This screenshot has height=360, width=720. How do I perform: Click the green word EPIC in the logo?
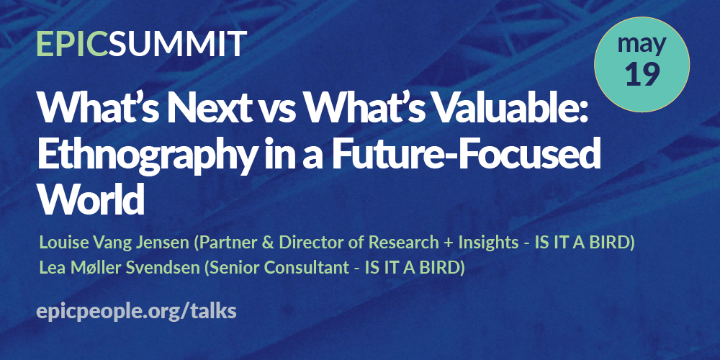[73, 44]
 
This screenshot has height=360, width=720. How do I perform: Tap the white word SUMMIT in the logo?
[178, 44]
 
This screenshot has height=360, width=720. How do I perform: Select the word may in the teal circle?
[642, 45]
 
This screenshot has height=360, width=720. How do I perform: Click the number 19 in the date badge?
[642, 73]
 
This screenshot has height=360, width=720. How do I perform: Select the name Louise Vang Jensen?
[114, 243]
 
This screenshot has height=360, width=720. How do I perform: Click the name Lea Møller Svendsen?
[120, 268]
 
